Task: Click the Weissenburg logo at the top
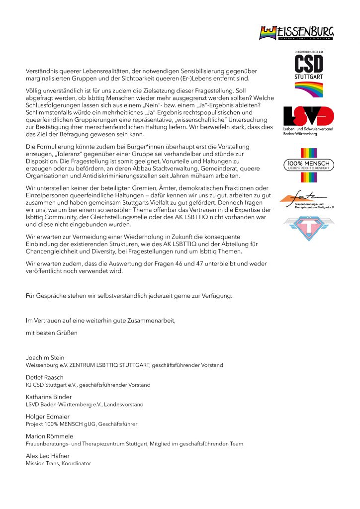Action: (x=296, y=33)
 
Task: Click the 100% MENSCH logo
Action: (x=308, y=165)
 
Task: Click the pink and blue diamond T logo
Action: (x=308, y=228)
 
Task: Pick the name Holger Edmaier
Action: (x=45, y=417)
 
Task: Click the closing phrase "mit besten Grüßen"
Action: (x=52, y=332)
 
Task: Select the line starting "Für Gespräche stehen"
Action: (x=128, y=296)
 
